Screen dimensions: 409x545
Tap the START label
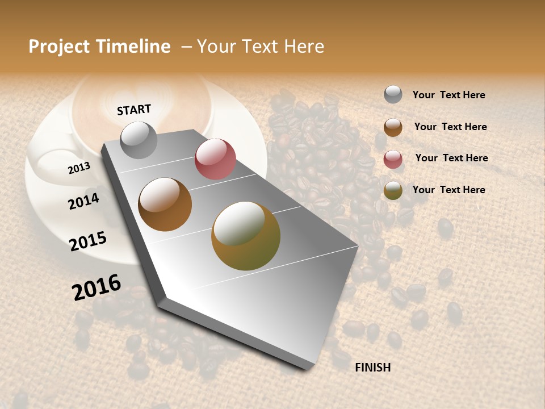134,110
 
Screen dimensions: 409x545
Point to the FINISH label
372,368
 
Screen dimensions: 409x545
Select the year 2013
79,168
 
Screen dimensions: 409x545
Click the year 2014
84,201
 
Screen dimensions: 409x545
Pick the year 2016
97,287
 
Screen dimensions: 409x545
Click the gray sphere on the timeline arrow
139,140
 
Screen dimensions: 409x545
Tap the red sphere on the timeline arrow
215,158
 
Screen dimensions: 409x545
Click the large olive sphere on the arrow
246,236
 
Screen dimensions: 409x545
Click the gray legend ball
393,94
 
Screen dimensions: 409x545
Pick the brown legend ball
393,127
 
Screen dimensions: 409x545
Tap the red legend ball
393,159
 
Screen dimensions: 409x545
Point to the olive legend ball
393,191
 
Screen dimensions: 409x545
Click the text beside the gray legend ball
448,95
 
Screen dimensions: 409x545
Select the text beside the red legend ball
451,158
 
